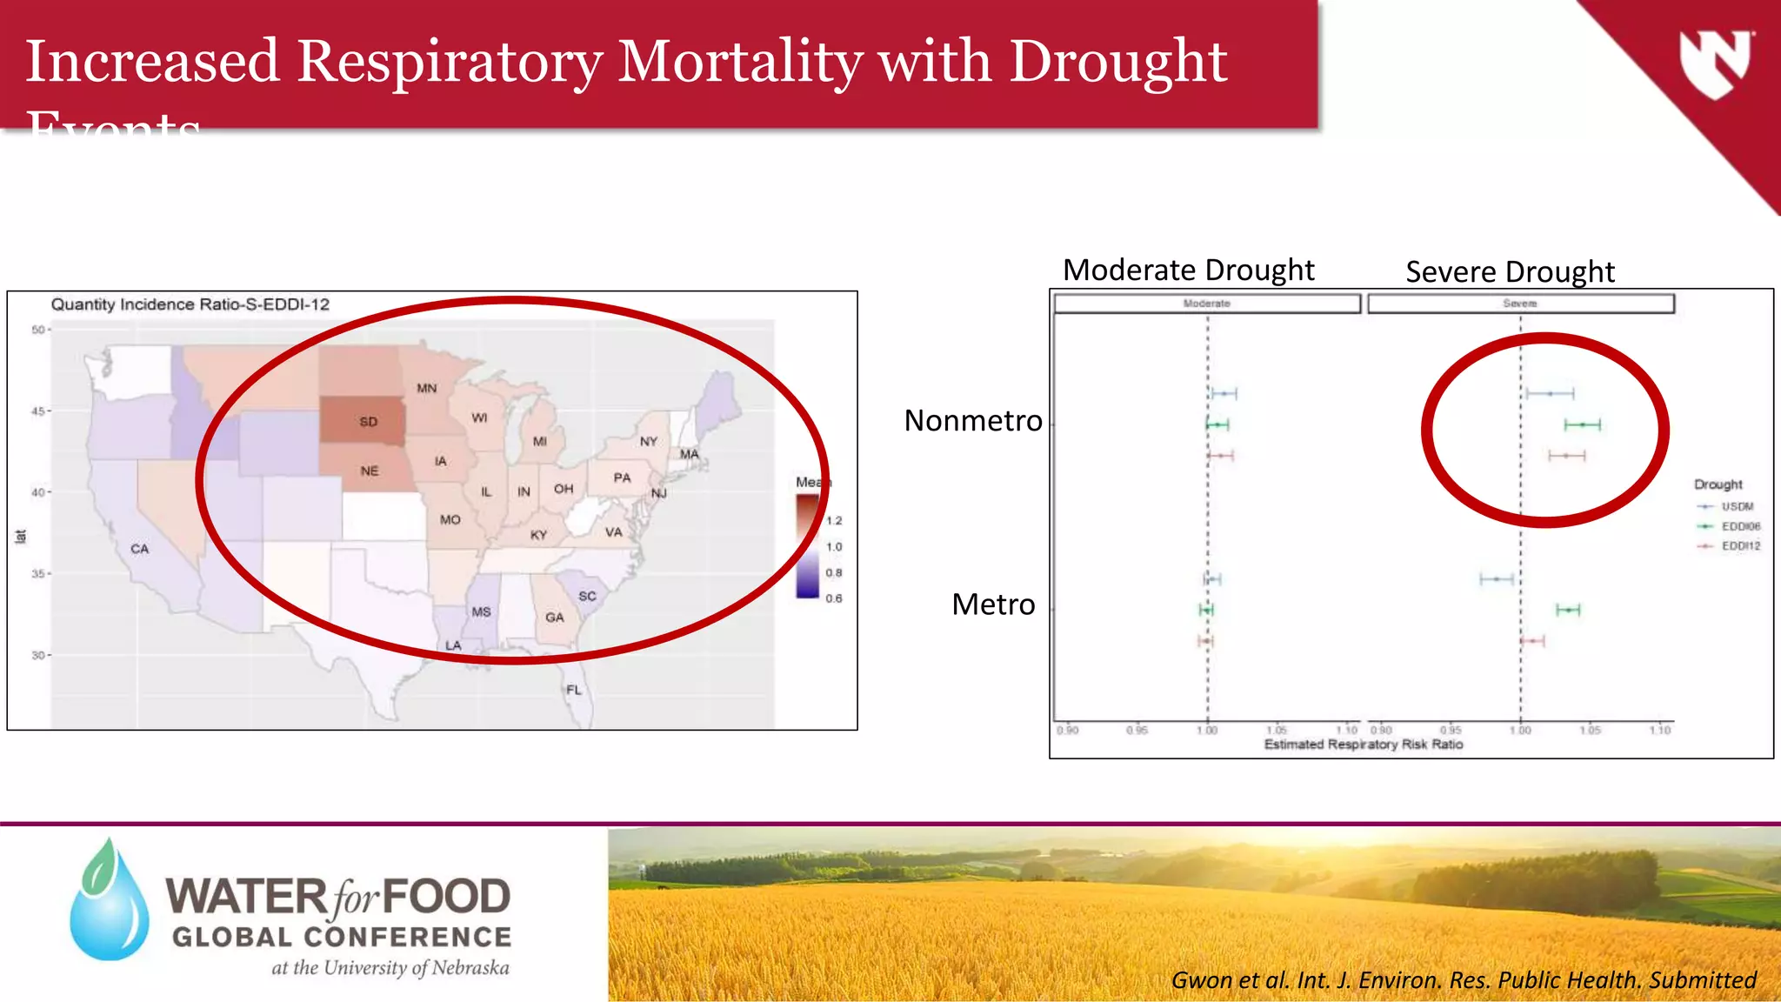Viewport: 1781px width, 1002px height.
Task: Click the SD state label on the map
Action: (369, 422)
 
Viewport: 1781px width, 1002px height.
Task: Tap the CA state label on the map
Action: (140, 549)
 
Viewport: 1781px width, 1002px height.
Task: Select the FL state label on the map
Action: (574, 690)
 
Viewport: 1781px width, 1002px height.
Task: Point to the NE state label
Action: (370, 471)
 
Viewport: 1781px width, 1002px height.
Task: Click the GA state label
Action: (555, 618)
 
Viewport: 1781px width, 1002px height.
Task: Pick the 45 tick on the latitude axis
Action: (38, 411)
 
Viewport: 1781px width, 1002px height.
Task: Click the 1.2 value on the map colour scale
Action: (834, 521)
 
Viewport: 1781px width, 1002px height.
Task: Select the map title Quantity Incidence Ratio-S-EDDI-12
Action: (190, 304)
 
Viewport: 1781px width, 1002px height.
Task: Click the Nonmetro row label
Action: (972, 421)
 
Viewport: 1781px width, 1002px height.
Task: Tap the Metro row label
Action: (993, 605)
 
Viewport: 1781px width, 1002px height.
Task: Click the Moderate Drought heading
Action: (1188, 271)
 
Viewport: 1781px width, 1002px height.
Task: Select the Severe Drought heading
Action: (1510, 272)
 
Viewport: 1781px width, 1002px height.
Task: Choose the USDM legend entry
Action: (1737, 506)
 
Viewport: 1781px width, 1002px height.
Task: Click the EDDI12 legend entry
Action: (1740, 546)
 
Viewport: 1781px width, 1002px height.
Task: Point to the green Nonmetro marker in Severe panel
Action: (1583, 425)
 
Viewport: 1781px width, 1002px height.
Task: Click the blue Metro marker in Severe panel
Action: (1497, 579)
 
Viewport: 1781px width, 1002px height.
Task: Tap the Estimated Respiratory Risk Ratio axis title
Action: (1363, 745)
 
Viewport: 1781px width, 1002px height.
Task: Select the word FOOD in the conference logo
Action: (446, 898)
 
